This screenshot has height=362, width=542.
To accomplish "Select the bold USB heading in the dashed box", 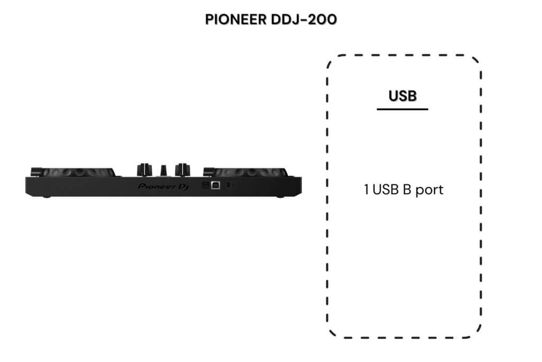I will pyautogui.click(x=402, y=96).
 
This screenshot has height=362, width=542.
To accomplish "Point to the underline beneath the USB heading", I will pyautogui.click(x=402, y=109).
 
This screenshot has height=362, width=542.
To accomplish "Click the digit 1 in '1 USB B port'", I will pyautogui.click(x=366, y=190).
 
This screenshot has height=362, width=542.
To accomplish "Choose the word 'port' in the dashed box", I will pyautogui.click(x=429, y=190).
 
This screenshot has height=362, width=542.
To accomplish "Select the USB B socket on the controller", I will pyautogui.click(x=216, y=185).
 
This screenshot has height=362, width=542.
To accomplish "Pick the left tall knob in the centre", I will pyautogui.click(x=142, y=169).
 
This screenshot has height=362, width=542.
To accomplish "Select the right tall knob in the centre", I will pyautogui.click(x=184, y=169).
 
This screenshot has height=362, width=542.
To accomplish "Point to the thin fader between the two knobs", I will pyautogui.click(x=164, y=169).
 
